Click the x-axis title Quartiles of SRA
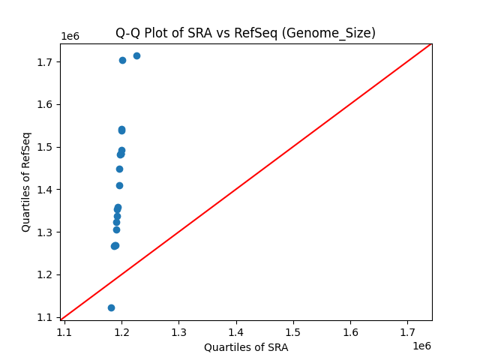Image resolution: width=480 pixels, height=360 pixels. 245,347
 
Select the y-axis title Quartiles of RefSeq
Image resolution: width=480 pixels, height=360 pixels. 26,181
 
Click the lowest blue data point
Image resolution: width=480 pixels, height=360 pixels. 111,307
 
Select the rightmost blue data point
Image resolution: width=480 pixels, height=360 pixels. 136,55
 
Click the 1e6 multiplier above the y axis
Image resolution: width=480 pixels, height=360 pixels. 70,37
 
